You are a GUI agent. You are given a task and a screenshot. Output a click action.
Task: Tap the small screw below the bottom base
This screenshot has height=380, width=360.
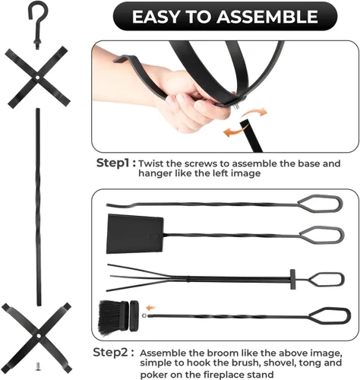point(38,366)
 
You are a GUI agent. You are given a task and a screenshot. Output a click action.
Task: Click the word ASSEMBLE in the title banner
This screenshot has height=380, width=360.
point(267,17)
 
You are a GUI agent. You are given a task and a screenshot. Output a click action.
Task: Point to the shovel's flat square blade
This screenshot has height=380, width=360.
point(135,234)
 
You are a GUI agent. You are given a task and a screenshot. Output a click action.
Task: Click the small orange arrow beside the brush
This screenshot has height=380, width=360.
point(151,308)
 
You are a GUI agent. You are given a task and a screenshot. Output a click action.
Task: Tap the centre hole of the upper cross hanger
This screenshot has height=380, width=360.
point(37,77)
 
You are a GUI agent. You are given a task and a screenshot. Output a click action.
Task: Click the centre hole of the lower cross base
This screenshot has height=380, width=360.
point(39,336)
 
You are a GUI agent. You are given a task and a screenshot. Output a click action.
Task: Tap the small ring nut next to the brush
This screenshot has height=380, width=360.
point(144,315)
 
